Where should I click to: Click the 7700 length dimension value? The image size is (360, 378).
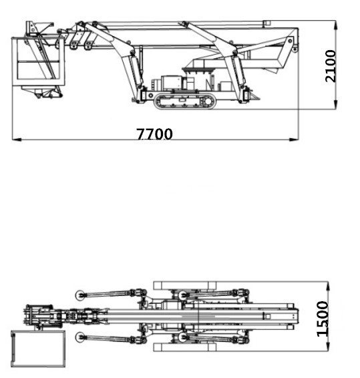154,134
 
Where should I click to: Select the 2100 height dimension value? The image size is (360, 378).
331,65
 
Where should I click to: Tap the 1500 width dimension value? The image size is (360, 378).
323,319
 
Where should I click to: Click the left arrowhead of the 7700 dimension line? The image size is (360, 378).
15,140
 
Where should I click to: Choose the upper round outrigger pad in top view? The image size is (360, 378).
81,294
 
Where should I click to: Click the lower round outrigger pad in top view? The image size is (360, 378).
81,336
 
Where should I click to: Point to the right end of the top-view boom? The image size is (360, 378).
293,316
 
